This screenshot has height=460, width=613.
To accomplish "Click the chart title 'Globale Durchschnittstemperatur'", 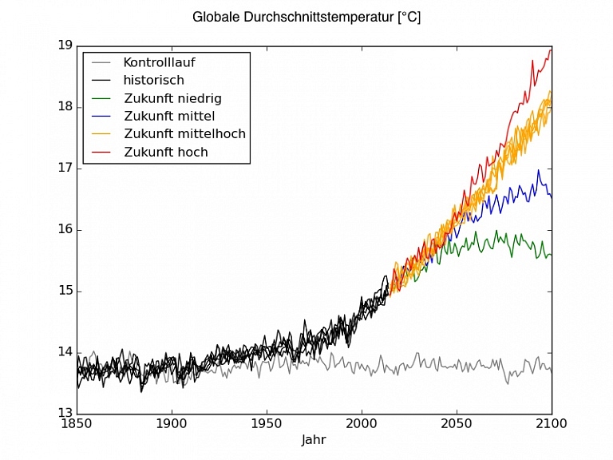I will (306, 17).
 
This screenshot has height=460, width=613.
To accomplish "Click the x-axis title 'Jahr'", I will (314, 440).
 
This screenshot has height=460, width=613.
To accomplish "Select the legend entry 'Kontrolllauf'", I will (159, 61).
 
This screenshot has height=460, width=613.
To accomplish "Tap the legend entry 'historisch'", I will (153, 80).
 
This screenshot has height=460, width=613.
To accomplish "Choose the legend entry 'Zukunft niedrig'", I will (172, 98).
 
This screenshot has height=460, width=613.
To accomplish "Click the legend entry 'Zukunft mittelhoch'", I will (184, 133).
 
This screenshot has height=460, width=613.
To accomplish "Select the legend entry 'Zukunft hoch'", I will (165, 152).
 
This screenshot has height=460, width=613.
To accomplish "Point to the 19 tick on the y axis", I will (64, 46).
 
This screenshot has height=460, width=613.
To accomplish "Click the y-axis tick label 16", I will (64, 230).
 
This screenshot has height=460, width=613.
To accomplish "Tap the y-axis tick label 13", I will (64, 414).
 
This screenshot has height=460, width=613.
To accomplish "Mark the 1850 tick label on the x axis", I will (77, 423).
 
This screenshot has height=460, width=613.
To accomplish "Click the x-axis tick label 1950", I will (267, 423).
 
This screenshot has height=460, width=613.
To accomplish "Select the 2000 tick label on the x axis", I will (362, 423).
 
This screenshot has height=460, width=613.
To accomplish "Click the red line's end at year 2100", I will (551, 50).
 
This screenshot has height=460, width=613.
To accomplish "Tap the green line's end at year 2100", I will (551, 255).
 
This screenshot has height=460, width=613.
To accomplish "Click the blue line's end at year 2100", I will (551, 196).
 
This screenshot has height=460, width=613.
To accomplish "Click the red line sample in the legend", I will (102, 152).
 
